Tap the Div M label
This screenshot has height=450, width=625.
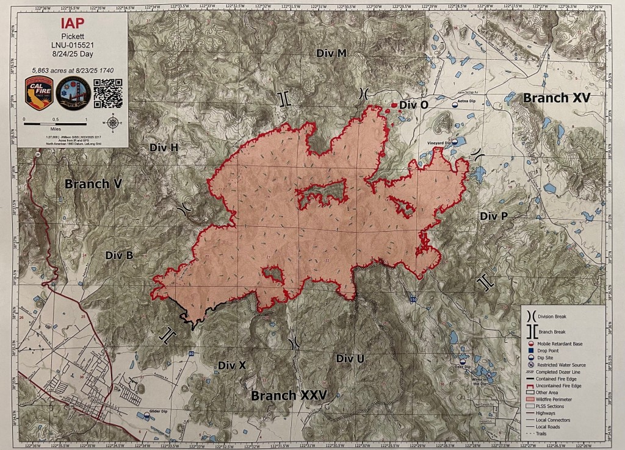point(331,53)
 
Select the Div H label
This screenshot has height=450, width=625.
point(164,148)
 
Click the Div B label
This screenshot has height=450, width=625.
point(119,255)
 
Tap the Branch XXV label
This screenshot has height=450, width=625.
point(289,395)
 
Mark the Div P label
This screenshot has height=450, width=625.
point(494,216)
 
